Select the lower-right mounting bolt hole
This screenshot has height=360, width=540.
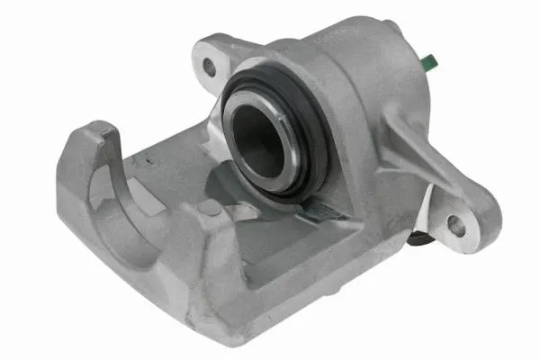pos(456,224)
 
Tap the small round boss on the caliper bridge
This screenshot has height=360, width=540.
pos(209,208)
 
